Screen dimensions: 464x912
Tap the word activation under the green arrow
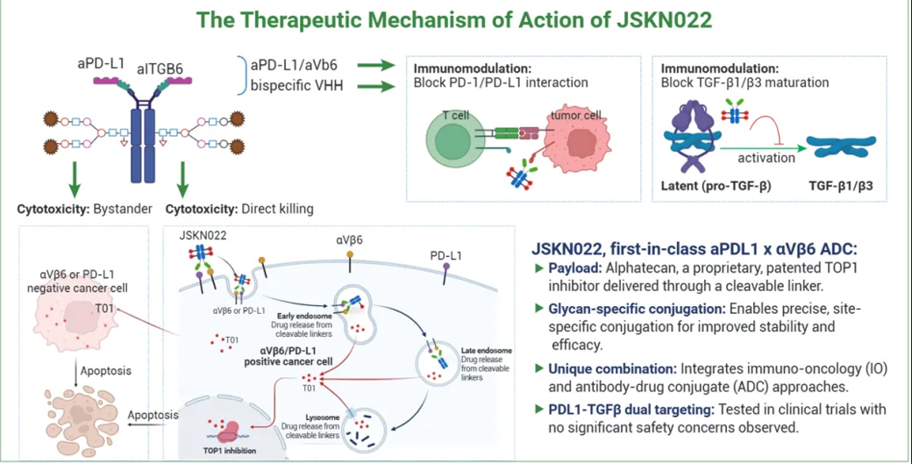click(766, 158)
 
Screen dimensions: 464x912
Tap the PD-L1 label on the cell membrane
click(447, 256)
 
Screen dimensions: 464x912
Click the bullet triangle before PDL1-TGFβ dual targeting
click(538, 410)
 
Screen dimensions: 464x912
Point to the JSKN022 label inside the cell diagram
click(203, 234)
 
